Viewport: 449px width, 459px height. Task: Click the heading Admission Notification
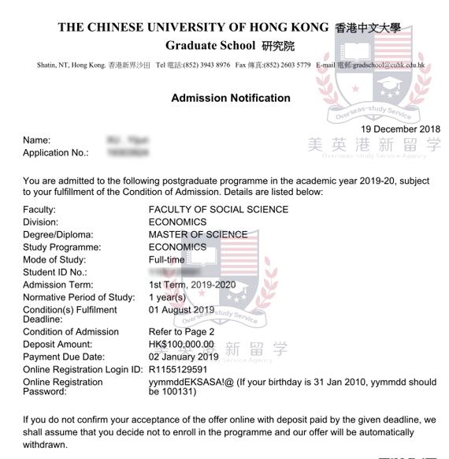click(230, 99)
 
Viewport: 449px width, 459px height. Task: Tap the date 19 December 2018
click(401, 129)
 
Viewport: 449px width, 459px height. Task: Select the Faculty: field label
click(39, 210)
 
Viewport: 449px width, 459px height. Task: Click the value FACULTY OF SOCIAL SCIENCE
click(218, 210)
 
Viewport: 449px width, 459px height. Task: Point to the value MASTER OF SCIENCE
click(198, 234)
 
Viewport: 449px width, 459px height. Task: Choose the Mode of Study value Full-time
click(166, 259)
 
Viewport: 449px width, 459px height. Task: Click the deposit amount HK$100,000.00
click(181, 345)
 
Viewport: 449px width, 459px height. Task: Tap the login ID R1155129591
click(178, 369)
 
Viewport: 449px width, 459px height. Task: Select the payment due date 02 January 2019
click(184, 356)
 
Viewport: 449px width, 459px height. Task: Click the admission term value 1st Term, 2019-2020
click(192, 284)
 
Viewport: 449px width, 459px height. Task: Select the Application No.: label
click(55, 152)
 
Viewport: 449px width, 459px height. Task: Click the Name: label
click(36, 140)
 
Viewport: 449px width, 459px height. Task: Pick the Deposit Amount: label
click(58, 345)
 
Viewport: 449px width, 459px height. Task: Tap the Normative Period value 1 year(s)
click(167, 297)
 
